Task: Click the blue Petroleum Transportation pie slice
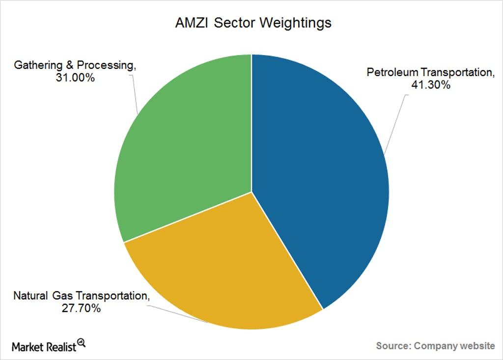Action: (x=321, y=180)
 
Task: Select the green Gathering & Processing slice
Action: (x=183, y=144)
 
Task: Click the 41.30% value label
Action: (x=430, y=84)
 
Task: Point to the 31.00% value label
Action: (x=75, y=78)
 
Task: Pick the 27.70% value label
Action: (x=81, y=308)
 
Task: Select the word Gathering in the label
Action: (x=38, y=65)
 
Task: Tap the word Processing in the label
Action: (x=106, y=65)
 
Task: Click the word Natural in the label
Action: (x=30, y=296)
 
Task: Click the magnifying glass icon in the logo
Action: (x=81, y=343)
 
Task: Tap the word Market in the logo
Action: (x=28, y=347)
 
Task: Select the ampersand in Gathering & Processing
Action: (x=70, y=65)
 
